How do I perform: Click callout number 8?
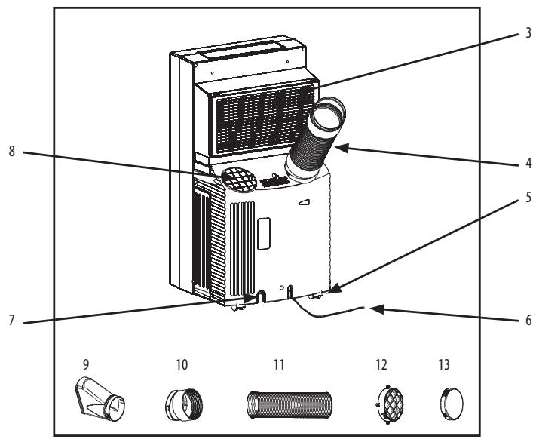click(12, 152)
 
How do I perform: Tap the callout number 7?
click(12, 320)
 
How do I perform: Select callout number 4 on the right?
click(528, 163)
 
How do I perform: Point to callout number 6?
click(528, 320)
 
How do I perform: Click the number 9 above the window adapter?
click(86, 364)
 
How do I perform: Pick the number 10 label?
click(182, 364)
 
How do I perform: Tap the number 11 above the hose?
click(279, 364)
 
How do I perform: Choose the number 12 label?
click(381, 364)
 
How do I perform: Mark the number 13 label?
click(444, 364)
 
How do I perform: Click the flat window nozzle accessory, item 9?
click(99, 400)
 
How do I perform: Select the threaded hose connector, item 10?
click(184, 405)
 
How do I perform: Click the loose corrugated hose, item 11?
click(289, 404)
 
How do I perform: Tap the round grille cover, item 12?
click(391, 404)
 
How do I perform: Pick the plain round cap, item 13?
click(452, 404)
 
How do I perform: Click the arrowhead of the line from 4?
click(342, 148)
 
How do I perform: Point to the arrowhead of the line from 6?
click(377, 309)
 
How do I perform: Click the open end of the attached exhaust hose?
click(328, 114)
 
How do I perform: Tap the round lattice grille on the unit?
click(238, 180)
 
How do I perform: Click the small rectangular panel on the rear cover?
click(264, 234)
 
